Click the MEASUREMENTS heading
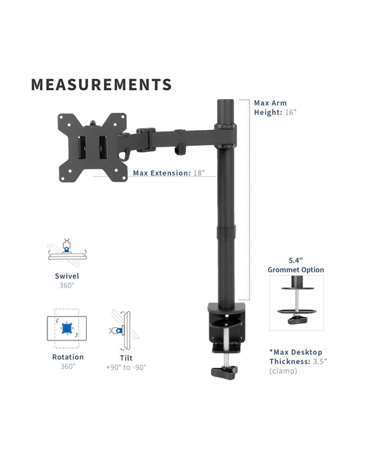[101, 85]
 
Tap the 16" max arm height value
[291, 112]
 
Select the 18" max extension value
[199, 173]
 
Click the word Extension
[170, 173]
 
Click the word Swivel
[67, 276]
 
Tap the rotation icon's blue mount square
[67, 328]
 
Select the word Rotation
[68, 357]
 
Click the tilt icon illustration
[125, 329]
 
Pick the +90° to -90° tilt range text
[126, 367]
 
